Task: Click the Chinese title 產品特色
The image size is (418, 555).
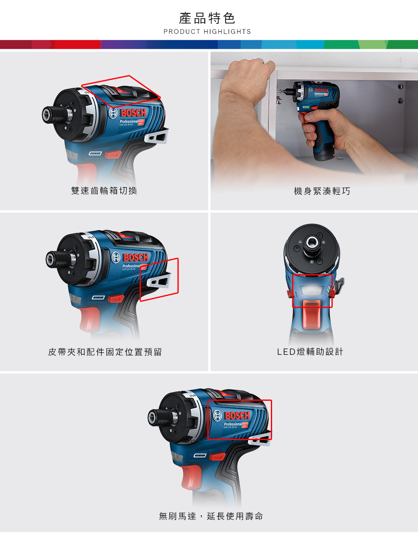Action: tap(207, 18)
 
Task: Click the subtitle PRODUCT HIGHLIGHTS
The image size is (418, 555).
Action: tap(207, 32)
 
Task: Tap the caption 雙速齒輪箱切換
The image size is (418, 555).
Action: tap(104, 191)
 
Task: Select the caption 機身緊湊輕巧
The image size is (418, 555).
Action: tap(322, 191)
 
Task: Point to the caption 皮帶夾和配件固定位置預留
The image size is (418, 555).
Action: tap(105, 352)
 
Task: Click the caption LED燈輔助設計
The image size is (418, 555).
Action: tap(310, 352)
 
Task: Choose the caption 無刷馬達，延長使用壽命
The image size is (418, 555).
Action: tap(211, 517)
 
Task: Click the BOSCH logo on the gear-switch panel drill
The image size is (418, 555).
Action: tap(133, 113)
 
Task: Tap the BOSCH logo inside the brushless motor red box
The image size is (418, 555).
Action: tap(237, 416)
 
